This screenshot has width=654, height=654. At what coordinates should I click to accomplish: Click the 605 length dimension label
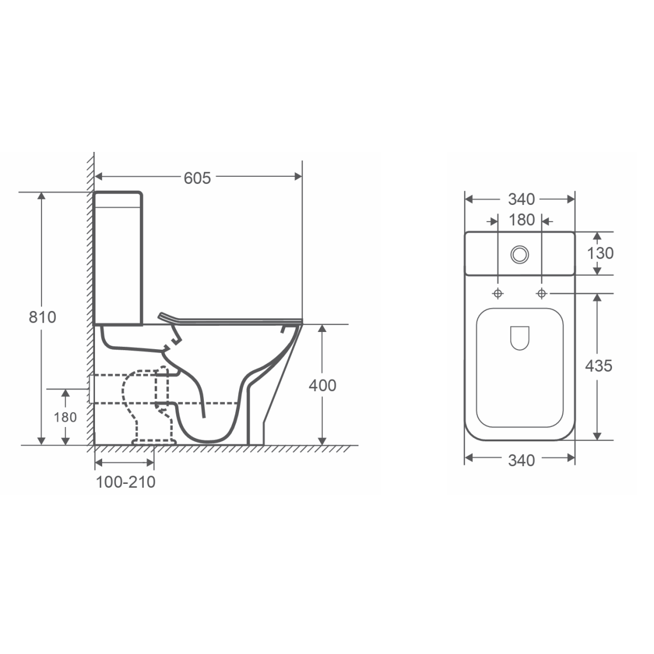(x=197, y=178)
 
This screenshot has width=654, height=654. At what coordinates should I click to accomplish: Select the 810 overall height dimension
(x=42, y=317)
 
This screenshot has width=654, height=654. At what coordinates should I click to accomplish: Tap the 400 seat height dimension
(x=323, y=386)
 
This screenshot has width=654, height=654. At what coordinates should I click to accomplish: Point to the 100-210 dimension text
(x=125, y=482)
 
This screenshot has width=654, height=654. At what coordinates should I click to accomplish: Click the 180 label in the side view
(x=65, y=417)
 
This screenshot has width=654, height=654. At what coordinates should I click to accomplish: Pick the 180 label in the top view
(x=521, y=220)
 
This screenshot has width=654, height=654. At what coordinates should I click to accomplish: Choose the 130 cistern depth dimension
(x=600, y=253)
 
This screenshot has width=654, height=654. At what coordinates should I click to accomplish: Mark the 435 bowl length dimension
(x=599, y=366)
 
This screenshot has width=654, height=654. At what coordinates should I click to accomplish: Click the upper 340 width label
(x=521, y=199)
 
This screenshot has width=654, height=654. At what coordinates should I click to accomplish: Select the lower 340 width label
(x=521, y=461)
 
